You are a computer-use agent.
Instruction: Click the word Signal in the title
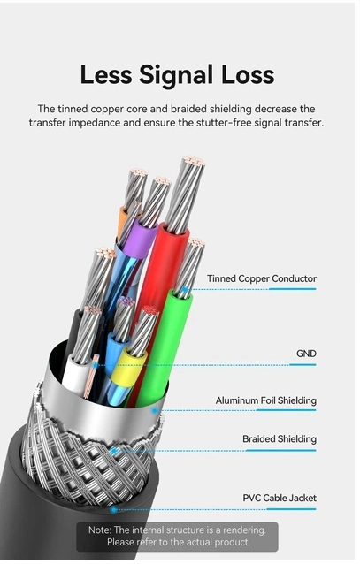tap(177, 76)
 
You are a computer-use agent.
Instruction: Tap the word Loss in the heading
tap(248, 75)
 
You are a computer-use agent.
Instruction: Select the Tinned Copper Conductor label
tap(262, 278)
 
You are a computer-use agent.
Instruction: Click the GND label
tap(306, 354)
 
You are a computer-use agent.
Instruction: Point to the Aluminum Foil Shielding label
tap(266, 400)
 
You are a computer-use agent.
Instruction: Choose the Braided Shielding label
tap(280, 438)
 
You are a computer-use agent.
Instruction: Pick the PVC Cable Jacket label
tap(280, 498)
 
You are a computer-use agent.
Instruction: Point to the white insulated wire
tap(76, 374)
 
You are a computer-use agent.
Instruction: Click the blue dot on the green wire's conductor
tap(185, 289)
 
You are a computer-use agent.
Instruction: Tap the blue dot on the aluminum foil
tap(155, 410)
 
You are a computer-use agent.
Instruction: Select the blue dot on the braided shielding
tap(113, 450)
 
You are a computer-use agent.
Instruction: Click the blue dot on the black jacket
tap(114, 509)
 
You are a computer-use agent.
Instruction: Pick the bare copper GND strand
tap(91, 376)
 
